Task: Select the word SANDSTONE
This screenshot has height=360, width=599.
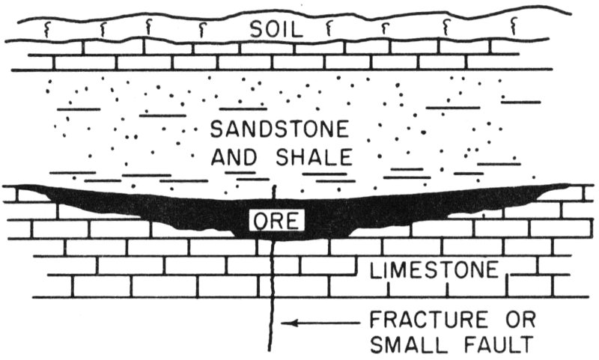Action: click(x=279, y=130)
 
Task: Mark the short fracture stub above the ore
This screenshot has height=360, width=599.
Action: click(x=275, y=192)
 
